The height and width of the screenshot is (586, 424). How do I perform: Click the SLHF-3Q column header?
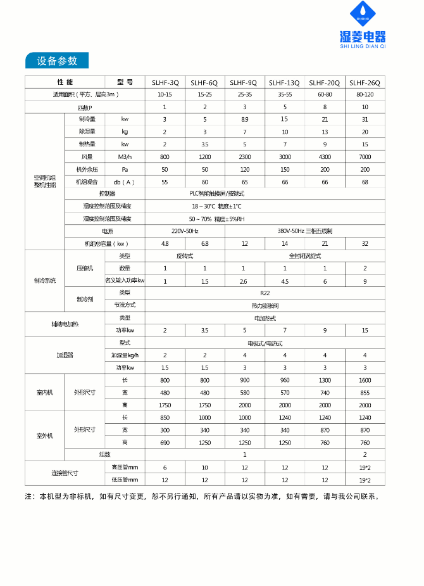(x=165, y=82)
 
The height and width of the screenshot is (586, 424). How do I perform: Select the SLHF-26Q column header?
(x=365, y=82)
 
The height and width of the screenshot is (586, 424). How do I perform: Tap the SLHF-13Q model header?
(x=284, y=82)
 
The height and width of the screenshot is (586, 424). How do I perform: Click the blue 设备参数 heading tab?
(x=57, y=61)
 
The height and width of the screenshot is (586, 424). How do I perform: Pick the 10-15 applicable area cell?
(x=165, y=94)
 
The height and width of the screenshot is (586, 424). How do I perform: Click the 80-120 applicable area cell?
(x=365, y=94)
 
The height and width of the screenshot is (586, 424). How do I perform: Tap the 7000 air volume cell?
(x=365, y=156)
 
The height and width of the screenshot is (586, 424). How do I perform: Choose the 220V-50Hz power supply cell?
(x=185, y=231)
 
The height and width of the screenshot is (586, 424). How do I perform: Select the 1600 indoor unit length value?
(x=365, y=380)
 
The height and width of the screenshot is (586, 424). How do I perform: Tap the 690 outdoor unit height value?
(x=165, y=442)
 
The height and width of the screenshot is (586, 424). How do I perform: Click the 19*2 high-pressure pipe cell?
(x=365, y=467)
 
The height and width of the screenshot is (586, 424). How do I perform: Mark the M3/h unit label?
(x=125, y=156)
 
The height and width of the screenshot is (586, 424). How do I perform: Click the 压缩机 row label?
(x=85, y=268)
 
